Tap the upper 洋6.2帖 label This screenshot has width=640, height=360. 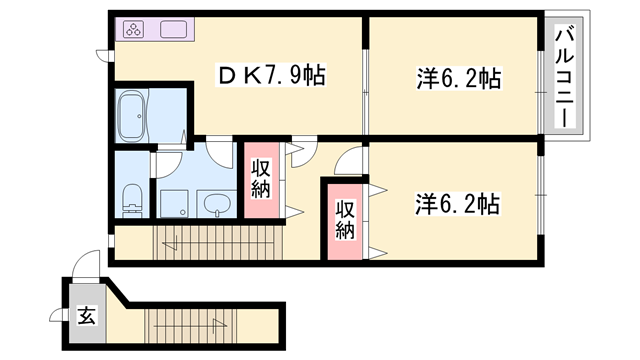click(457, 77)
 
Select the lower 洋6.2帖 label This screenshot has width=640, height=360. click(457, 204)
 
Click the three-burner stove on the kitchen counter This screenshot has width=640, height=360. click(135, 29)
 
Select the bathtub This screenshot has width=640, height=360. click(134, 116)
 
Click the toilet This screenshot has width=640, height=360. click(129, 200)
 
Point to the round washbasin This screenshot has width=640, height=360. click(215, 204)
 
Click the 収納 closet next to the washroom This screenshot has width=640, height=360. click(260, 180)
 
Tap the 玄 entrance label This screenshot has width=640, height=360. click(86, 317)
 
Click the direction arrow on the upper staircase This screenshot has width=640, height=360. click(175, 241)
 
